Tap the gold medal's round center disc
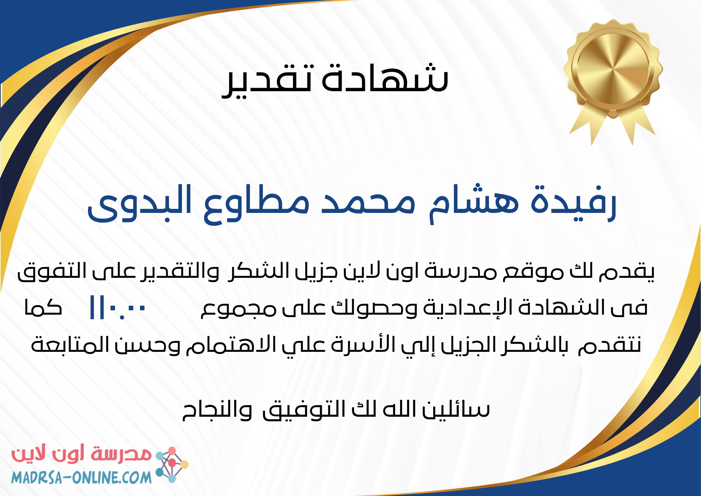point(612,67)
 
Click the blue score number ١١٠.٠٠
point(117,308)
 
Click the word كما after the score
point(43,307)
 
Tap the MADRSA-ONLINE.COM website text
point(81,477)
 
